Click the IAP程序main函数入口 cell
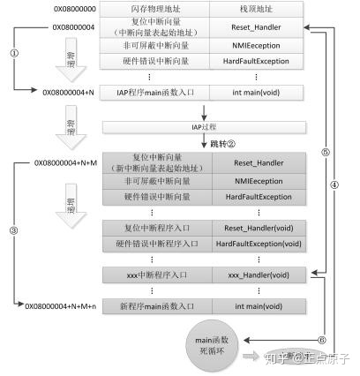click(155, 91)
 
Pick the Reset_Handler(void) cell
click(258, 228)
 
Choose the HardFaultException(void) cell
click(258, 244)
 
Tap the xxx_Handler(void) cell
click(258, 276)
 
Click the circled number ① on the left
click(13, 52)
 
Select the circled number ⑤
click(325, 151)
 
